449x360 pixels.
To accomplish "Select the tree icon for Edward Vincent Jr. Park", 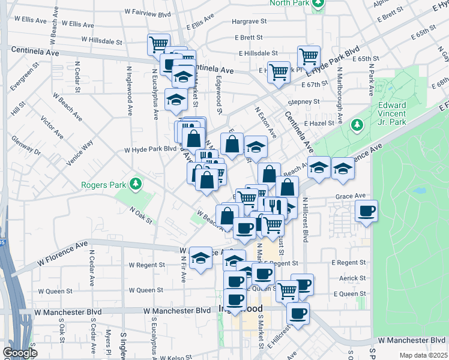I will pyautogui.click(x=357, y=125).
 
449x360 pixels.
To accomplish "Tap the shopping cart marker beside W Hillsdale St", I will pyautogui.click(x=158, y=44).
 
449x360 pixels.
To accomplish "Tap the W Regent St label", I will pyautogui.click(x=146, y=265).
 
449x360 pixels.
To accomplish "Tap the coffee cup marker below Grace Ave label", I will pyautogui.click(x=366, y=211).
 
